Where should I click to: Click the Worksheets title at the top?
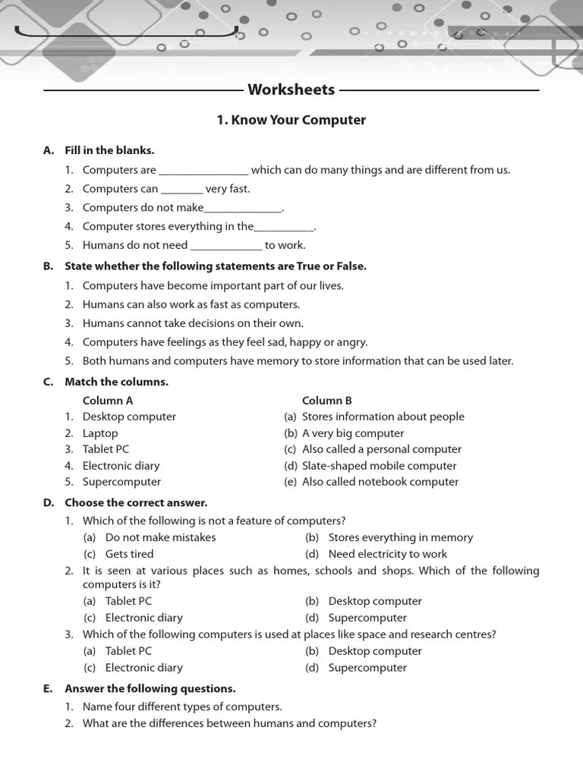pos(291,90)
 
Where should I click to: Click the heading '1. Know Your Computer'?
pos(291,120)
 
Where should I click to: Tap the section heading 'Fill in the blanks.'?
pos(109,150)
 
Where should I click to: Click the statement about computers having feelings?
pos(225,342)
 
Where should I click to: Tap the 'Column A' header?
pos(108,401)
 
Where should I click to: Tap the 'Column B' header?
pos(327,401)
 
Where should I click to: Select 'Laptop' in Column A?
pos(100,433)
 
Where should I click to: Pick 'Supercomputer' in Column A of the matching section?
pos(121,482)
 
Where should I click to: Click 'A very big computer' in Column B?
pos(353,433)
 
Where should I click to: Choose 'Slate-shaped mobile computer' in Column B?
pos(380,466)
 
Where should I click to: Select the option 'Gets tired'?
pos(129,554)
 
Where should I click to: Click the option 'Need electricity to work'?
pos(387,554)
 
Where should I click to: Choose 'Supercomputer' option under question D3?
pos(367,668)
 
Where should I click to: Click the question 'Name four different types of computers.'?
pos(182,706)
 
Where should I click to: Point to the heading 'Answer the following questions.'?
pos(150,689)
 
